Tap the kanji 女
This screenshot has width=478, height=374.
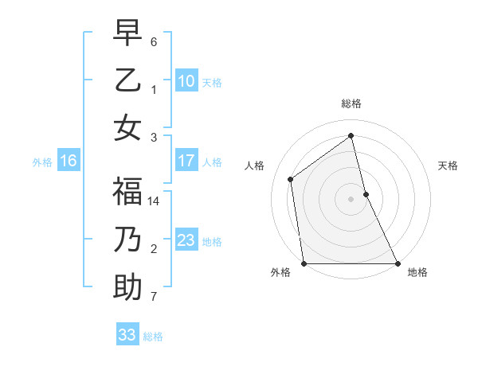click(x=127, y=127)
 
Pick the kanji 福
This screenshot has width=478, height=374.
click(x=127, y=192)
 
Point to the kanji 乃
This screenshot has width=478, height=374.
click(x=127, y=240)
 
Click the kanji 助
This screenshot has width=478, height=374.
click(x=127, y=287)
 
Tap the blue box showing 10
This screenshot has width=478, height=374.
click(x=186, y=80)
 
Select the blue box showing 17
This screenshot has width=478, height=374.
click(x=186, y=161)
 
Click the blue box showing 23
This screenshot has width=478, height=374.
click(x=186, y=240)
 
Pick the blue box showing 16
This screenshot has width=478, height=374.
click(x=69, y=162)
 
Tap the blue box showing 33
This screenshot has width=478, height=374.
click(x=127, y=335)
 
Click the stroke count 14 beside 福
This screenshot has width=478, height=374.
click(x=154, y=202)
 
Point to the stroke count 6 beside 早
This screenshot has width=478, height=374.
click(x=154, y=41)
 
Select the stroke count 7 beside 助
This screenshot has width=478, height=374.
click(x=154, y=298)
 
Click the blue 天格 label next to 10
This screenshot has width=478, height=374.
click(x=212, y=82)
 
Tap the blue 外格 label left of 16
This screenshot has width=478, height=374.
click(x=42, y=162)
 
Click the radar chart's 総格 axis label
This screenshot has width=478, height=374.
click(x=351, y=103)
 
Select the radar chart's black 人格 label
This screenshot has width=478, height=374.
click(x=255, y=166)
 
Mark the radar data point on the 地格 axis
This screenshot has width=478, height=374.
click(x=397, y=263)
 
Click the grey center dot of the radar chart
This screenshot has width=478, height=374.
click(x=351, y=199)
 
